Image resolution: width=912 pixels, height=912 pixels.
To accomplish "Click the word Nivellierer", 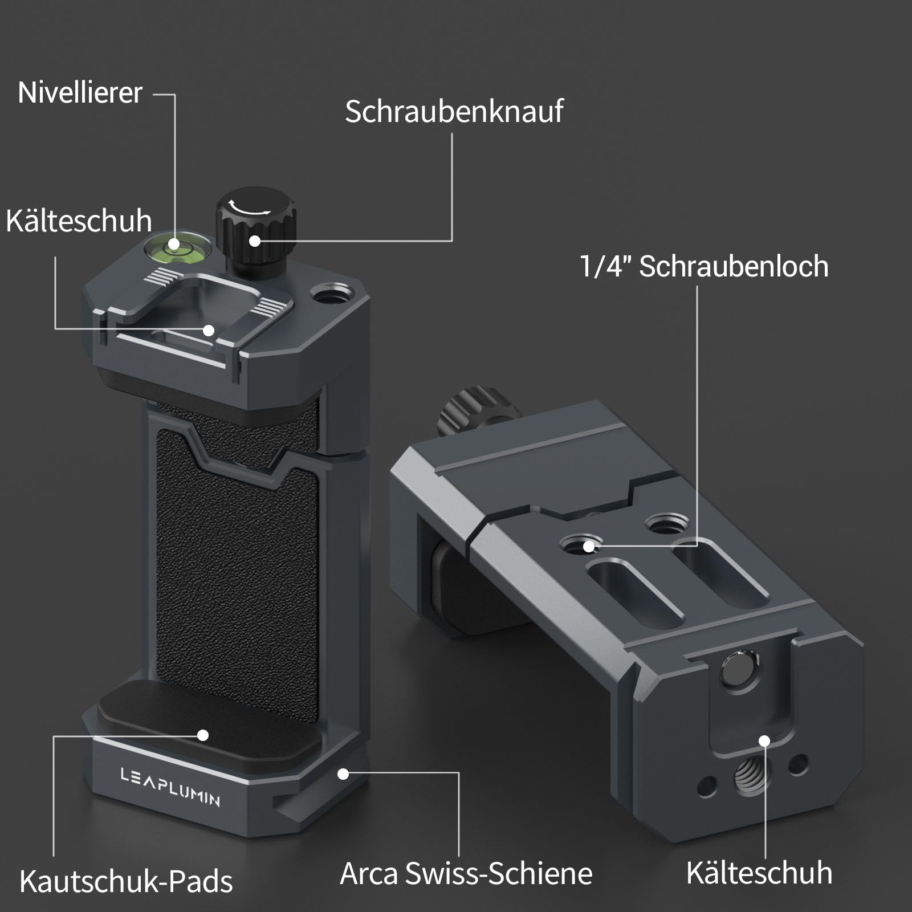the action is pos(80,92).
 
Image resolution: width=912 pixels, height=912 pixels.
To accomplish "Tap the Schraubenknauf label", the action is pos(454,111).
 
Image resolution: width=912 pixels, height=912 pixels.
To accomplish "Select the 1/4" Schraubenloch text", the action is pos(704,266).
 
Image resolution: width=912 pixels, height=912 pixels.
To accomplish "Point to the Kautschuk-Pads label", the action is pos(126,881).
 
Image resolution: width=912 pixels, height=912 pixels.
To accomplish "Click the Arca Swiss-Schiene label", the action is pos(466,873).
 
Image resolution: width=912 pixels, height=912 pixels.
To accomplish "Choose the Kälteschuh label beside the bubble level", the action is pos(79,221).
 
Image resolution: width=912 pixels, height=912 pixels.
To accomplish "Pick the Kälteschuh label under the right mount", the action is pos(759,873).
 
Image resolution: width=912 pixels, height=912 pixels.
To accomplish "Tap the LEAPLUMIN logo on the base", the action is pos(170,787).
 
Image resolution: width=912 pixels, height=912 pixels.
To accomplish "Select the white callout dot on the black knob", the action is pos(255,241).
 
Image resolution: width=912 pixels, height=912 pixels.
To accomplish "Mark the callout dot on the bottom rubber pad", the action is pos(203,735).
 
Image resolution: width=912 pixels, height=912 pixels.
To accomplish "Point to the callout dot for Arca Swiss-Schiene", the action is pos(343,774).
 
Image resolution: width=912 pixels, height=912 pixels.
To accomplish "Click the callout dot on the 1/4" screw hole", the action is pos(589,547).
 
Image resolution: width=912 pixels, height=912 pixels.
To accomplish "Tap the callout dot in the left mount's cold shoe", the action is pos(209,330).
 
